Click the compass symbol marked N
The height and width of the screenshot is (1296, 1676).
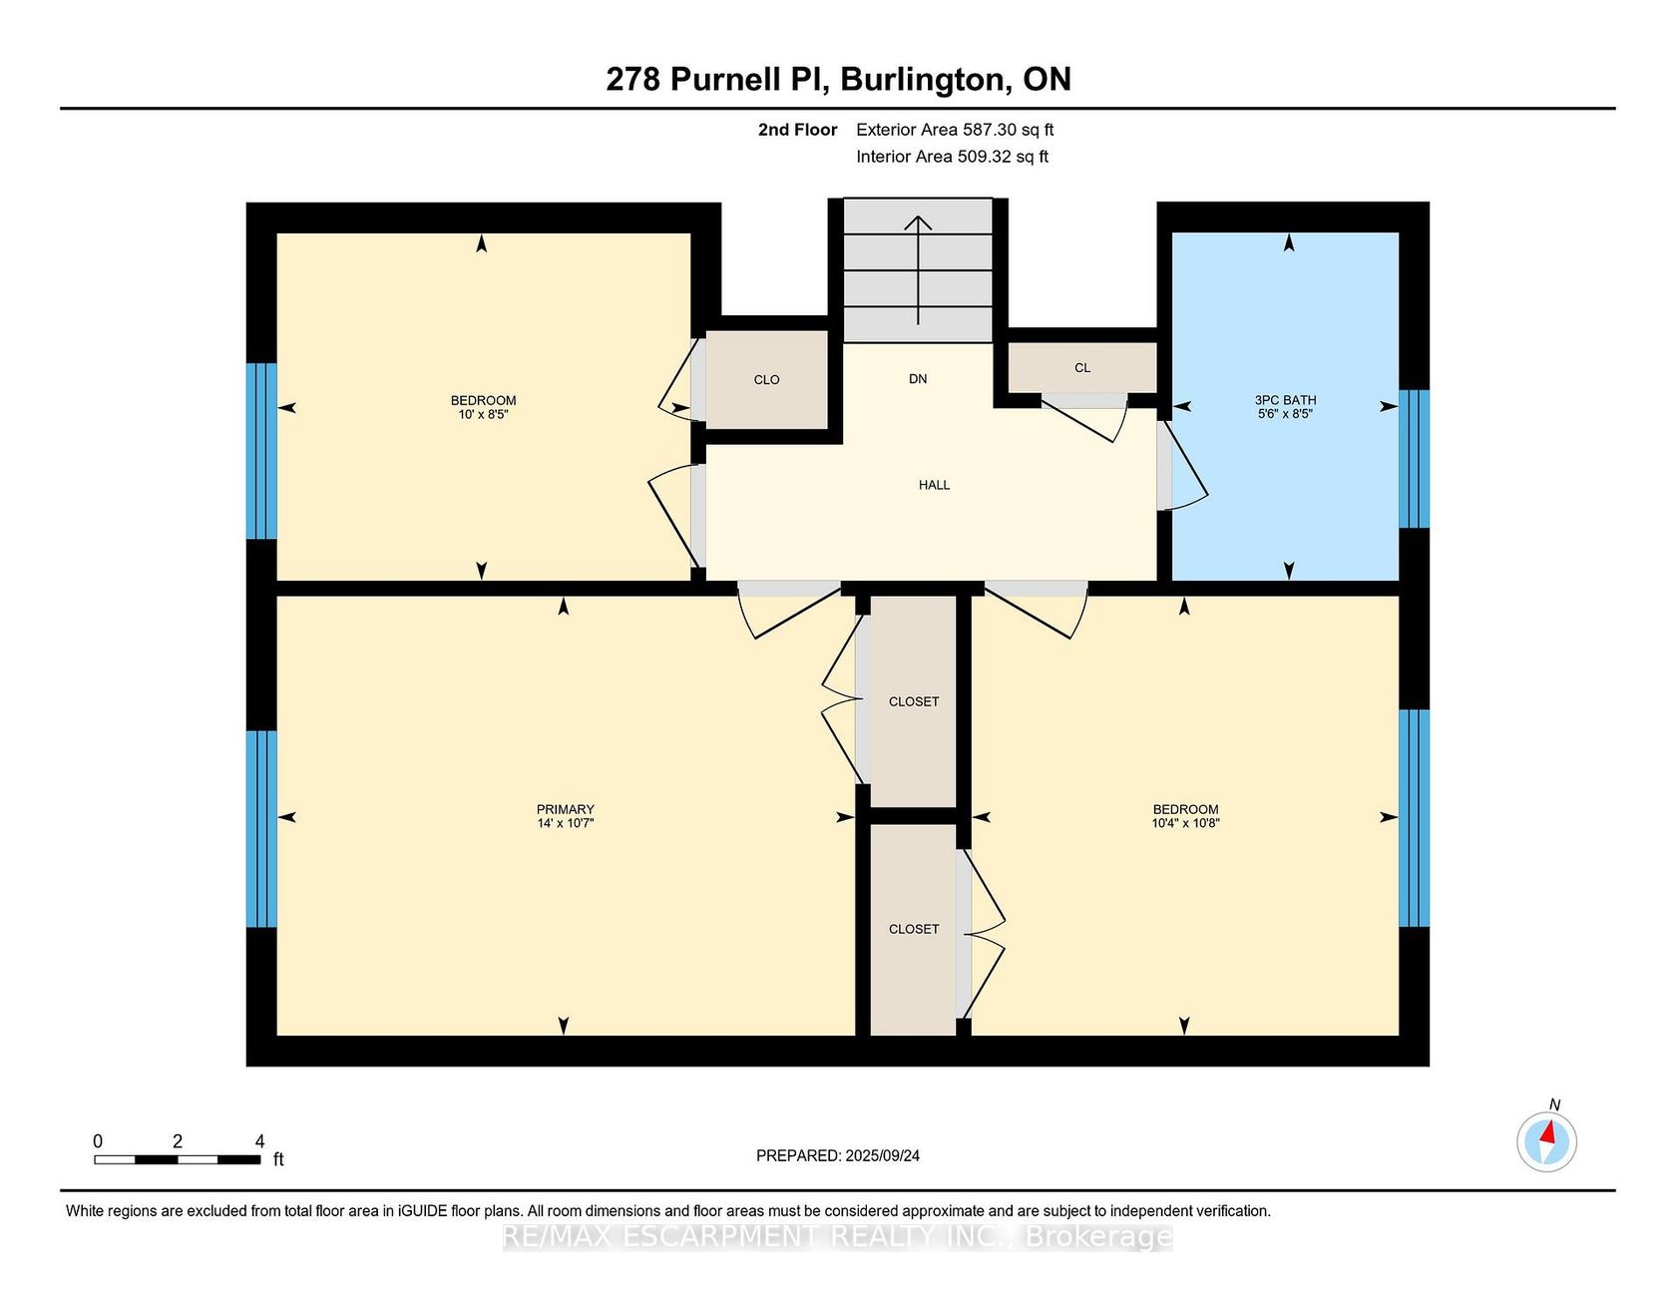1547,1140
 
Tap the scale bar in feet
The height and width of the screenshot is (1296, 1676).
178,1159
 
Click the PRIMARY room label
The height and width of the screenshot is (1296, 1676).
566,809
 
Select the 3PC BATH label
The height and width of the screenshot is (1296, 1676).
1286,400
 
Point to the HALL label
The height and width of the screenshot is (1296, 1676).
935,485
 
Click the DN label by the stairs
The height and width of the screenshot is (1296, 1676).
918,379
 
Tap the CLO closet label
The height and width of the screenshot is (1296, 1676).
767,380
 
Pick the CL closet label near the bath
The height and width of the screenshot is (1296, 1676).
1082,368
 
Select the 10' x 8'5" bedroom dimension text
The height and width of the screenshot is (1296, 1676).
484,414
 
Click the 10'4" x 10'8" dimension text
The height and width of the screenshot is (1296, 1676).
1186,823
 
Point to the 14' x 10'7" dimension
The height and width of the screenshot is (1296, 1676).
566,823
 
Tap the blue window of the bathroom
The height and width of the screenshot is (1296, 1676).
1415,458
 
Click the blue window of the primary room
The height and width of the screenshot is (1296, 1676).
261,829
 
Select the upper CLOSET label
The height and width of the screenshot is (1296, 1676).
914,702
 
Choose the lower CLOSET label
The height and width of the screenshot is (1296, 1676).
914,930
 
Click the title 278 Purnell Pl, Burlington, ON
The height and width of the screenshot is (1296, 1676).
839,80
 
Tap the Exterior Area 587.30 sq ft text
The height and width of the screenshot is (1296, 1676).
955,130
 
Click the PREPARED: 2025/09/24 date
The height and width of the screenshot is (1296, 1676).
838,1156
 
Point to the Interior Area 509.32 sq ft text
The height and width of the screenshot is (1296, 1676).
953,157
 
